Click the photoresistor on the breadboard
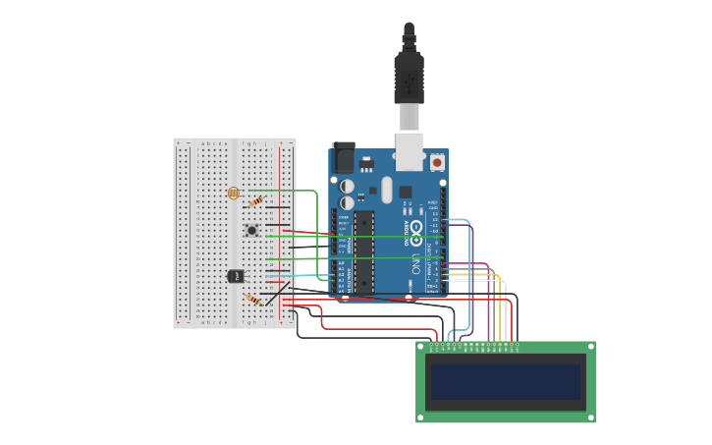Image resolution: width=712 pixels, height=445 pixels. coord(233,193)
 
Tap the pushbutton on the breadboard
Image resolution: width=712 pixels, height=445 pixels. coord(252,230)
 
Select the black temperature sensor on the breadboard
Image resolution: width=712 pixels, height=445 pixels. coord(236,276)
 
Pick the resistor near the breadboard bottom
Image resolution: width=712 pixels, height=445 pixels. coord(253,299)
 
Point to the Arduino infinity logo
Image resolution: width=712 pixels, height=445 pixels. coord(416,233)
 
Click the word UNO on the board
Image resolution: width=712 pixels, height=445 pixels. coord(416,263)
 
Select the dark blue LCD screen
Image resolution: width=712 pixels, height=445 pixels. coord(506,381)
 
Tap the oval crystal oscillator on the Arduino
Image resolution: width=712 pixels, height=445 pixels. coord(386,189)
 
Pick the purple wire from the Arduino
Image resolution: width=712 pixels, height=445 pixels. coord(472,285)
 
